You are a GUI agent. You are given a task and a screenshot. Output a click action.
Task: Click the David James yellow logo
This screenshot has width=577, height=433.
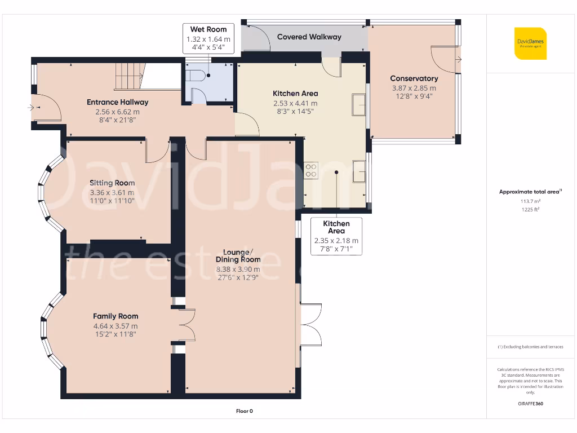[530, 43]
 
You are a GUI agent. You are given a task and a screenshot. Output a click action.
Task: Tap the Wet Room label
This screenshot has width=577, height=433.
[208, 29]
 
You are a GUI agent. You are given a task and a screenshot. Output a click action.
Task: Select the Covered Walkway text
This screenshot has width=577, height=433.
[309, 37]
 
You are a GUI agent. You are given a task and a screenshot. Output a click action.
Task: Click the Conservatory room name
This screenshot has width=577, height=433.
[414, 78]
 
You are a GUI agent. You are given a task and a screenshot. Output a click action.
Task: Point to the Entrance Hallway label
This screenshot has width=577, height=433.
[117, 102]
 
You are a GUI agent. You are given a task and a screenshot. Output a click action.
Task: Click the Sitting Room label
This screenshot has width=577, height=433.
[112, 183]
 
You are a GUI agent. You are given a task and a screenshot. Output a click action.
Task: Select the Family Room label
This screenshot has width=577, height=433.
[116, 316]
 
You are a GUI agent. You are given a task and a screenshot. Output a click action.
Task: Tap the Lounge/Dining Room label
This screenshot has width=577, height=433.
[238, 255]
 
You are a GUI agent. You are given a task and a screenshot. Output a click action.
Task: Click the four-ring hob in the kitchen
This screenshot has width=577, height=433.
[311, 170]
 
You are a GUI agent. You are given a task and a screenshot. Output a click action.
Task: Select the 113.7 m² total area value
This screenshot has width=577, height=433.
[530, 201]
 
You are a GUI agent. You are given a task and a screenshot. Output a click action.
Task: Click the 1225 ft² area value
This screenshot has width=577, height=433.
[530, 209]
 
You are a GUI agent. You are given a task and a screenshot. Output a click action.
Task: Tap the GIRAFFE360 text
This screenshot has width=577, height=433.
[530, 404]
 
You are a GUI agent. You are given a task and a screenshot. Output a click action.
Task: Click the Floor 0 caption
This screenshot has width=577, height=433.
[245, 411]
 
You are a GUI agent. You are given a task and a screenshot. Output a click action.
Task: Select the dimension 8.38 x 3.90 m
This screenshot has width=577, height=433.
[238, 269]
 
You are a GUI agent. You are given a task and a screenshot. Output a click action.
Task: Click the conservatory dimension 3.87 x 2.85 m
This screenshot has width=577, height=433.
[414, 88]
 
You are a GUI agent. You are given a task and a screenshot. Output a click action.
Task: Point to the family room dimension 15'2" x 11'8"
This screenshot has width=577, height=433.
[116, 334]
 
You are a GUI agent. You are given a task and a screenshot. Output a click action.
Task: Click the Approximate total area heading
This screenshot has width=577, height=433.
[530, 192]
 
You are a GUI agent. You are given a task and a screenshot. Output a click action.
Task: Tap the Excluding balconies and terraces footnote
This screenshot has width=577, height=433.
[530, 347]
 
